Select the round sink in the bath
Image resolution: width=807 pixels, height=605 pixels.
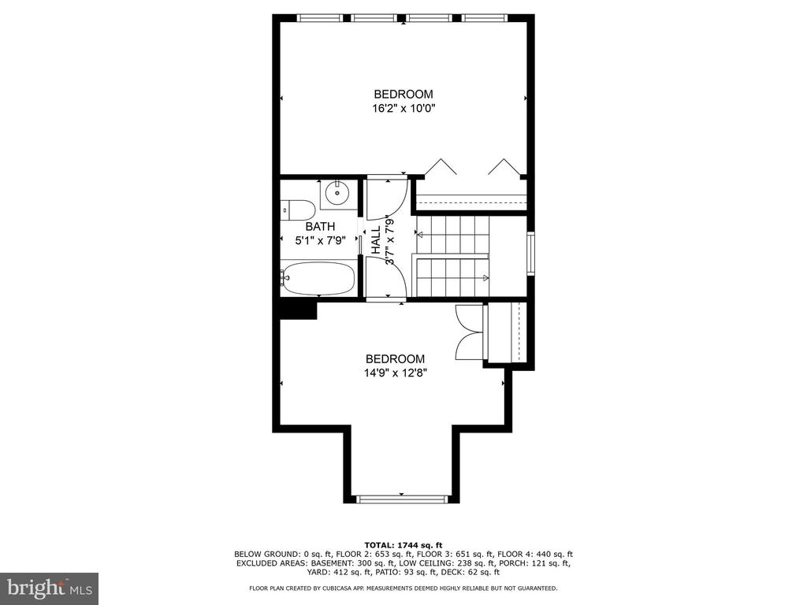pos(337,193)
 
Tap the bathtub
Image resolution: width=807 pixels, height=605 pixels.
pos(318,278)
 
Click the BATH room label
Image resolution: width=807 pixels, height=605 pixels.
pos(320,226)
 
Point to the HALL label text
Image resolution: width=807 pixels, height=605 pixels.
pos(376,239)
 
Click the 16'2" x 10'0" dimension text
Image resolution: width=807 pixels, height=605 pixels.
pos(403,109)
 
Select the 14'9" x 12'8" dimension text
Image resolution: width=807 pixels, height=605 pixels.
pos(396,373)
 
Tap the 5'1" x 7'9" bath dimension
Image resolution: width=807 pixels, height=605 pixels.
pos(320,239)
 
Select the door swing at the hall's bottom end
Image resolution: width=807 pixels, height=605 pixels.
pos(387,277)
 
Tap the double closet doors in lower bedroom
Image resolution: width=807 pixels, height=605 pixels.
pos(470,332)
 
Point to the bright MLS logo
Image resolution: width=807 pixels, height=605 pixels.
pos(50,588)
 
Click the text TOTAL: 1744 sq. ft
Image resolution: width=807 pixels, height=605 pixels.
pos(403,545)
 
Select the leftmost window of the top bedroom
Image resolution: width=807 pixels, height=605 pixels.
pos(320,18)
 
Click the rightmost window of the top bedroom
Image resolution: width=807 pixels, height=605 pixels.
pos(485,18)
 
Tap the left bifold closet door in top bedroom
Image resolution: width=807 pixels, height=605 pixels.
pos(441,167)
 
